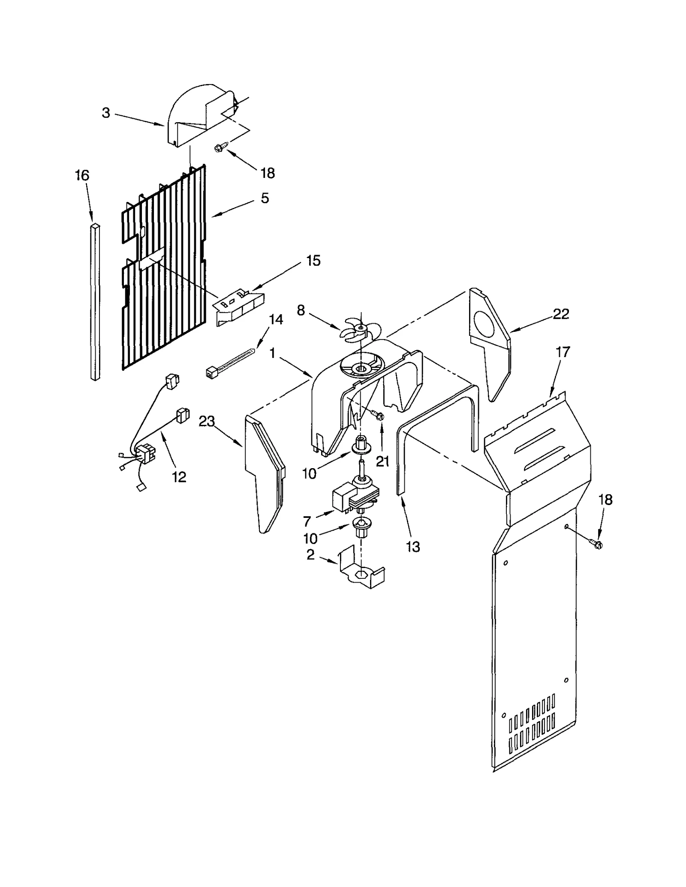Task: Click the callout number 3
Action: pos(106,113)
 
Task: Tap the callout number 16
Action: pos(82,175)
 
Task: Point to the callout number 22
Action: pos(561,314)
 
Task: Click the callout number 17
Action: pos(563,352)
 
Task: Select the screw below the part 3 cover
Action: pos(219,147)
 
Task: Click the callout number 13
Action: pos(413,547)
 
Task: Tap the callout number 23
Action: pos(206,422)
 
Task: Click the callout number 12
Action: pos(179,477)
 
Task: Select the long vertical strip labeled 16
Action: pos(95,300)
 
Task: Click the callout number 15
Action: pos(313,260)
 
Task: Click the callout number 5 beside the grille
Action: pos(265,198)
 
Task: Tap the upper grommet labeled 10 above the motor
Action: pos(361,446)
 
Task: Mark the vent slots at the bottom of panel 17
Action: pos(532,725)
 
